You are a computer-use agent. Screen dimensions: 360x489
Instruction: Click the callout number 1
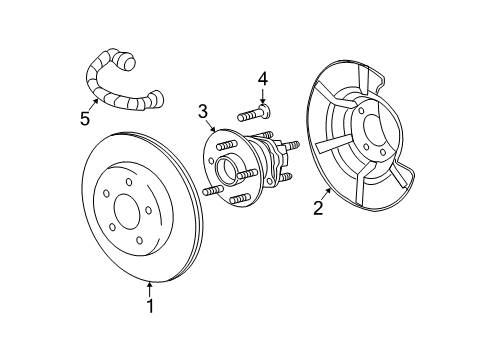tap(150, 307)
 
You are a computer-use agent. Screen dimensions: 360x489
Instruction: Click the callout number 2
tap(318, 208)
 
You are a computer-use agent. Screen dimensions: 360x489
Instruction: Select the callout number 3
tap(203, 113)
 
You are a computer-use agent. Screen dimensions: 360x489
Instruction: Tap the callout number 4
tap(263, 78)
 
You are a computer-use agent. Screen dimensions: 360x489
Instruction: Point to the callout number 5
tap(85, 119)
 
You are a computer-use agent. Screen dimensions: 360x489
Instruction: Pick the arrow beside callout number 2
tap(328, 192)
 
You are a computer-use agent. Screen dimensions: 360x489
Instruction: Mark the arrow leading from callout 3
tap(211, 128)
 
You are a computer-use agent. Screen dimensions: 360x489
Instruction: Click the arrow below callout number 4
tap(262, 97)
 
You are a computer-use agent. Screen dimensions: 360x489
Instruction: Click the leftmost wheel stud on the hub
tap(212, 189)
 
